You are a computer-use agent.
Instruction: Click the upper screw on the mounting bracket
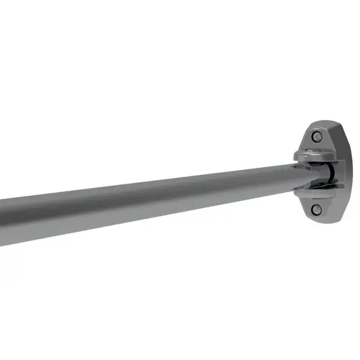tap(317, 136)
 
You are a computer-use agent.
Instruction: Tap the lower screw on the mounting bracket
tap(317, 209)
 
